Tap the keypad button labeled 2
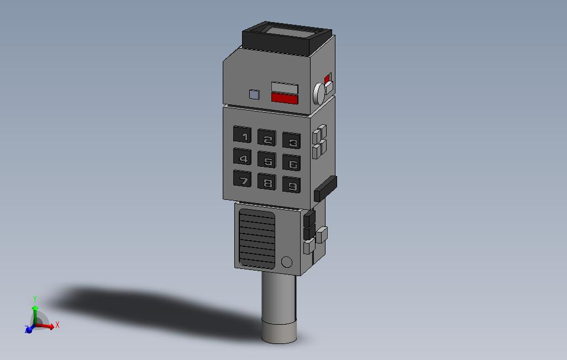[x=267, y=139]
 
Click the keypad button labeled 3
[x=292, y=141]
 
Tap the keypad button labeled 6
[x=292, y=163]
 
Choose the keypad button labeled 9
[x=292, y=185]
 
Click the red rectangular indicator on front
[x=285, y=99]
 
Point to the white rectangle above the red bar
[x=285, y=88]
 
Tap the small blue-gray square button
[x=254, y=94]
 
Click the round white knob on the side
[x=319, y=94]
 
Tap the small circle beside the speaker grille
[x=286, y=262]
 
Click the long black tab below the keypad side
[x=326, y=188]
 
